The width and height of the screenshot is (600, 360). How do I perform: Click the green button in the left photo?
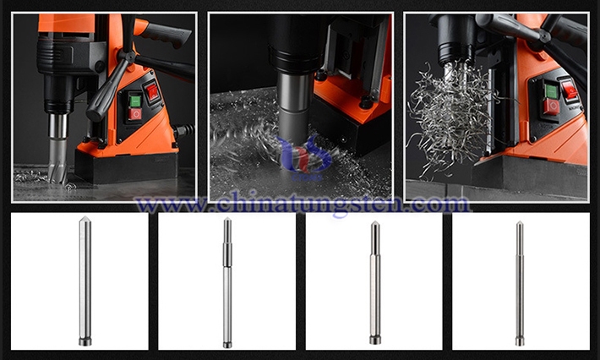(135, 101)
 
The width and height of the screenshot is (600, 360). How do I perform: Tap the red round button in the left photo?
(134, 113)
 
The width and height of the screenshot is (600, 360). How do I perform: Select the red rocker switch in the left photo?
(152, 92)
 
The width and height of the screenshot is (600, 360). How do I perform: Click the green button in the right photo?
(551, 91)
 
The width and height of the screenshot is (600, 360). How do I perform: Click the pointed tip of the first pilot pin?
(85, 218)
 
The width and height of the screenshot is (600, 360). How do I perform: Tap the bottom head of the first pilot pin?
(85, 341)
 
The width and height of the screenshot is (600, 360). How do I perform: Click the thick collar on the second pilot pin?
(227, 255)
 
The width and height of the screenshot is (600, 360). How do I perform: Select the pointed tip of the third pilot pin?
(375, 222)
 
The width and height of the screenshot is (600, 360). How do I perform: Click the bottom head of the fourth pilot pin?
(520, 341)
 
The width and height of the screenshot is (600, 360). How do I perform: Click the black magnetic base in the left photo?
(126, 167)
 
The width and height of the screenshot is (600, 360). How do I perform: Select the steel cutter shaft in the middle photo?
(294, 105)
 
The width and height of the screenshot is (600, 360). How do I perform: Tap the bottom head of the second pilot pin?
(227, 344)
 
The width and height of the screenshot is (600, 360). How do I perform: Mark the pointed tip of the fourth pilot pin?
(520, 222)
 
